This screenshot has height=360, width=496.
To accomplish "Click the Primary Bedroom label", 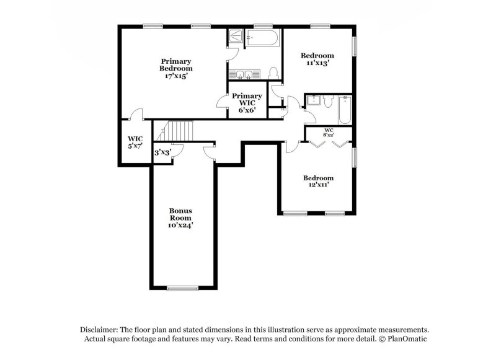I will pos(175,68).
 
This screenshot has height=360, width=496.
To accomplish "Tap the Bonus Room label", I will pos(180,218).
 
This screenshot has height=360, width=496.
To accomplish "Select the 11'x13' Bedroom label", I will pos(317,59).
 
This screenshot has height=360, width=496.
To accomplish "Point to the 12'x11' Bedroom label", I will pos(317,181).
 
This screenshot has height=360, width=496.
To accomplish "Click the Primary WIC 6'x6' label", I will pos(247,101).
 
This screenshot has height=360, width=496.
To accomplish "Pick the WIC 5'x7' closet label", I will pos(136,143).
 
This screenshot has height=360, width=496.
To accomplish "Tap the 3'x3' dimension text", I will pos(162,152).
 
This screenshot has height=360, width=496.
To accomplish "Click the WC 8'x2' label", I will pos(329,132).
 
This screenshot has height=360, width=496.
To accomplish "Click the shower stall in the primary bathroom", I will pos(236,38).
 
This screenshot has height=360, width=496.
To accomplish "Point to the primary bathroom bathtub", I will pos(263,38).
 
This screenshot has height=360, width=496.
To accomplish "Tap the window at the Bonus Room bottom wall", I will pos(180,288).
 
